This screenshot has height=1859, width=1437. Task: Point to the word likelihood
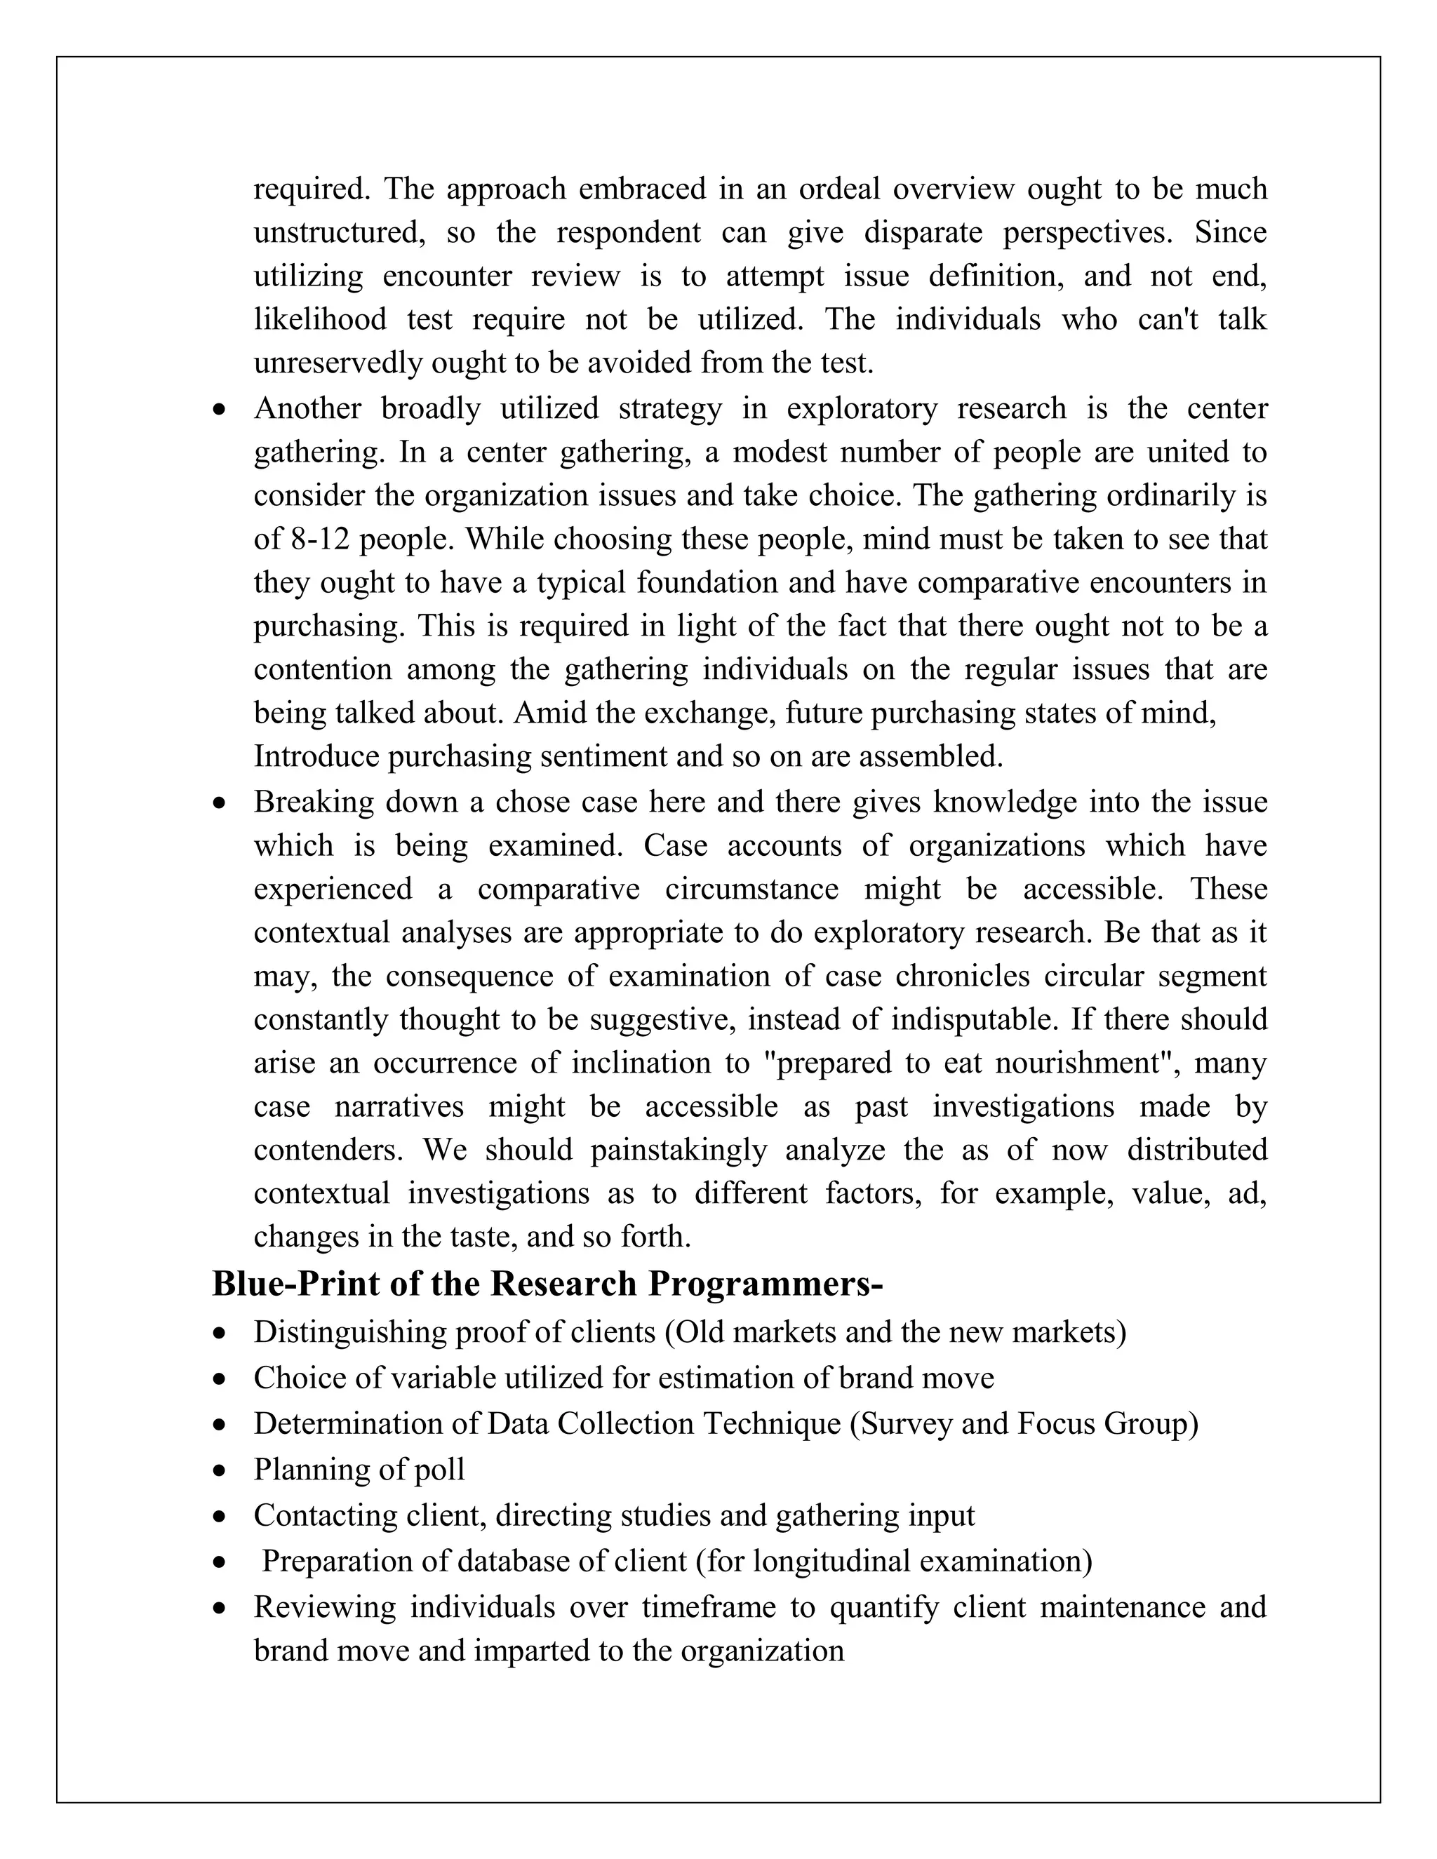(x=320, y=319)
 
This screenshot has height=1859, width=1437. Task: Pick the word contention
(x=323, y=669)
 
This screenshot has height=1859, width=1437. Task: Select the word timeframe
(x=708, y=1607)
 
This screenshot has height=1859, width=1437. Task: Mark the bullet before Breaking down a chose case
(x=221, y=802)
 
